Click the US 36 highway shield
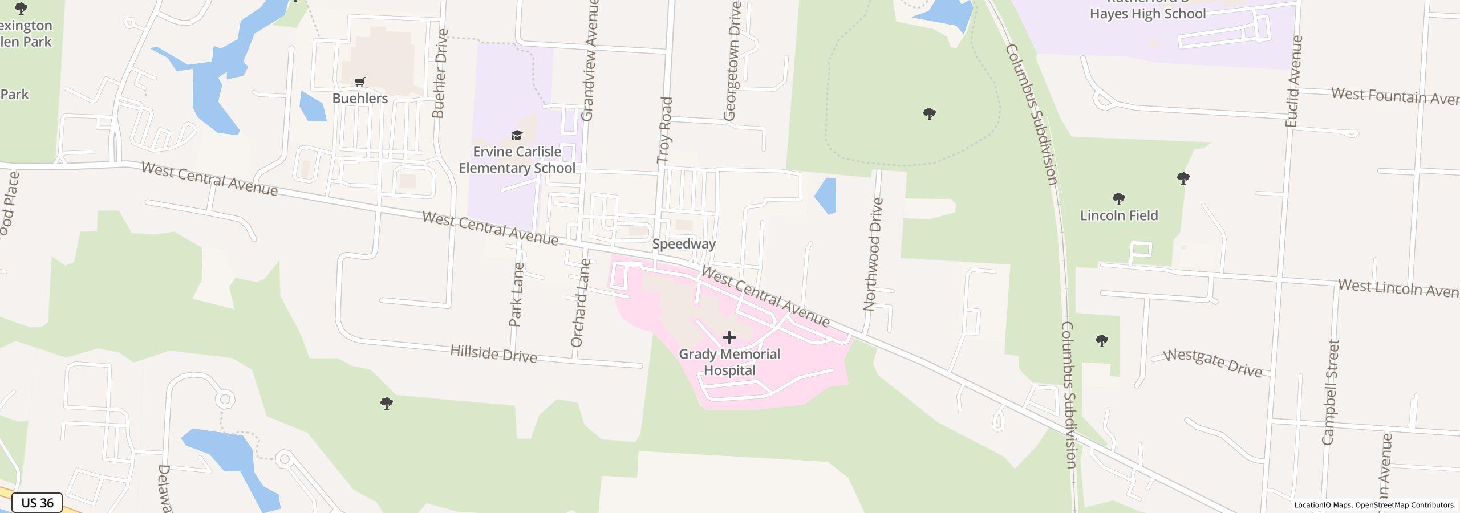click(x=37, y=503)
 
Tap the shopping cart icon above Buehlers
click(x=359, y=83)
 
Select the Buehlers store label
click(x=360, y=99)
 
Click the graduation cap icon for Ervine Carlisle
click(x=517, y=136)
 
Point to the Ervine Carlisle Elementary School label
click(x=517, y=160)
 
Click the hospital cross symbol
click(x=729, y=337)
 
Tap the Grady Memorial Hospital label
click(x=729, y=362)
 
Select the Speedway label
click(x=683, y=244)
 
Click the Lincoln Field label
click(x=1119, y=215)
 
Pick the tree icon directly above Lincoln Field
click(x=1118, y=199)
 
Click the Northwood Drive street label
click(x=873, y=254)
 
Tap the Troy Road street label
click(x=666, y=130)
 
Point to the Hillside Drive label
click(x=493, y=354)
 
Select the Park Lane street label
click(x=516, y=294)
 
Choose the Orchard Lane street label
click(x=579, y=303)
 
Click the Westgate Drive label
click(x=1212, y=363)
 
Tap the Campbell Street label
click(x=1330, y=392)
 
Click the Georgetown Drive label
click(x=732, y=61)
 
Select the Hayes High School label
click(x=1147, y=14)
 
